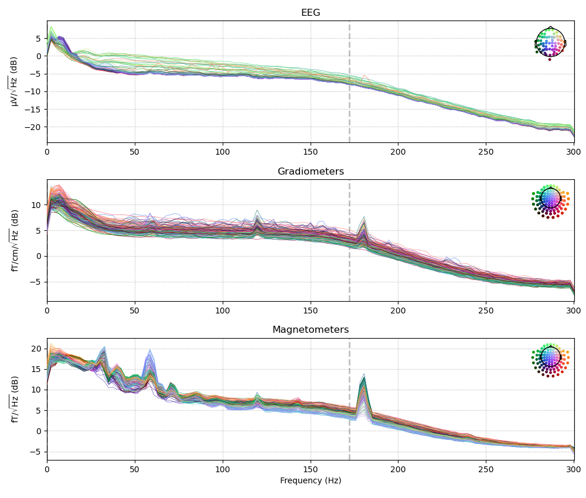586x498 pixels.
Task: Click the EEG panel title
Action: pos(311,13)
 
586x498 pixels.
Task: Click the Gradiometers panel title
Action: pos(311,172)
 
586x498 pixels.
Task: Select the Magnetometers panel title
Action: pos(311,330)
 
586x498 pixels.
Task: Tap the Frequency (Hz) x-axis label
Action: pos(311,481)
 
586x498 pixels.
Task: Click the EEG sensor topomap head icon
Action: pos(550,43)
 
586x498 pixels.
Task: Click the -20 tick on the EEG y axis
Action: pos(37,127)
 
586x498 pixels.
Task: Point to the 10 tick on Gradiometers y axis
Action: pos(38,204)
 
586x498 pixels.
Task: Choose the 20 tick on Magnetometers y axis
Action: pos(38,349)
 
